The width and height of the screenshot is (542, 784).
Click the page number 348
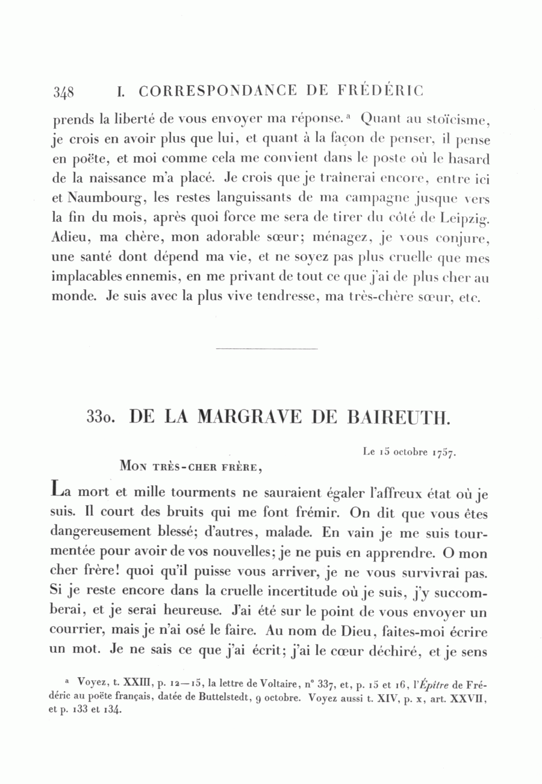(x=63, y=92)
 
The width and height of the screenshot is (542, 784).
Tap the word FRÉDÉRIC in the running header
(x=381, y=90)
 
